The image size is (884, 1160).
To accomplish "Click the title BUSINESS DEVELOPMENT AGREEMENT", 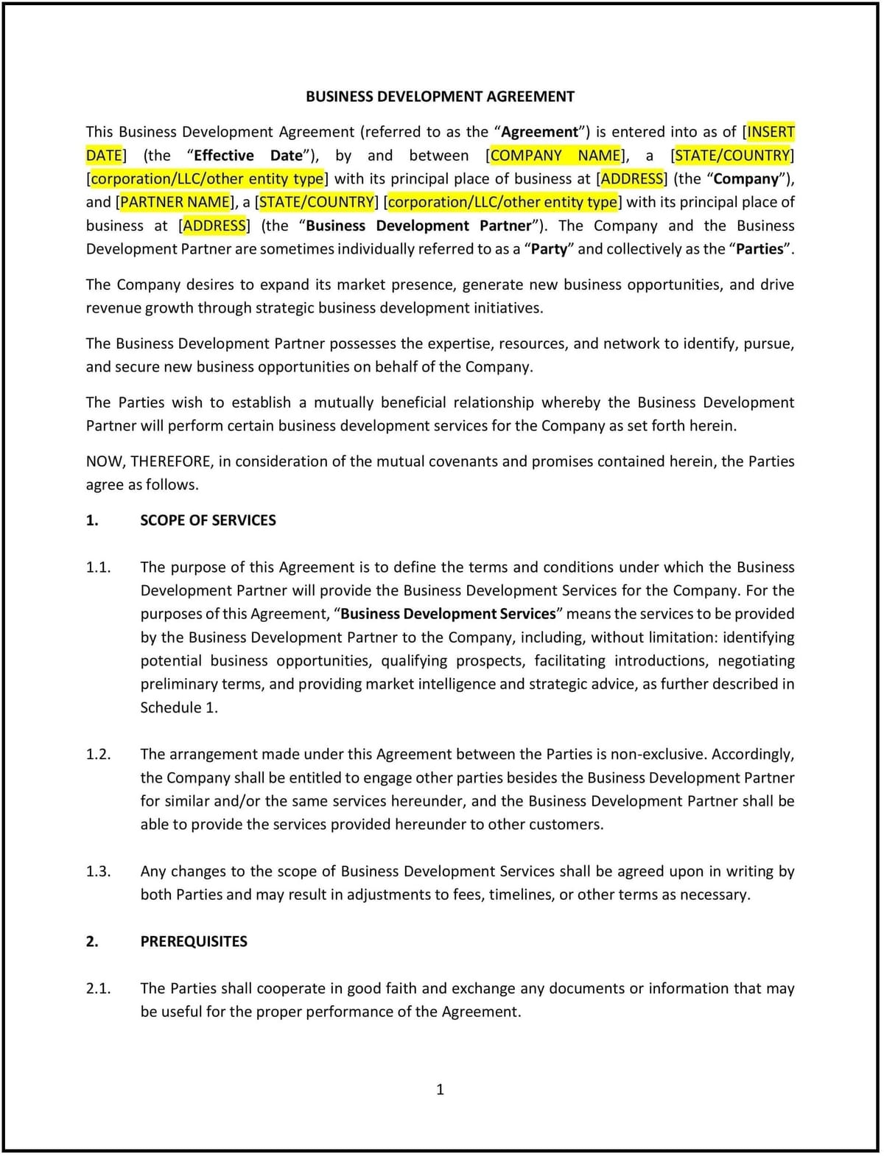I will (x=440, y=97).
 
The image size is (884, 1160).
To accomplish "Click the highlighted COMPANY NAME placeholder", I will (x=555, y=156).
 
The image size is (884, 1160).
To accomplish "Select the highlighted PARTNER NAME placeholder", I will (x=175, y=202).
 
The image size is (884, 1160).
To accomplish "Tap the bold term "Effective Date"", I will (x=248, y=156).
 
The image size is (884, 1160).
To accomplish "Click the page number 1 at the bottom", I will (x=441, y=1089).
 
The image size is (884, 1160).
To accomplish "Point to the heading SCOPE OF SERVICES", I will (x=208, y=520).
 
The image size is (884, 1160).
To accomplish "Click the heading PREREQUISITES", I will (x=194, y=941).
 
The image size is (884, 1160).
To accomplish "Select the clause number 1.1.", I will (x=98, y=567).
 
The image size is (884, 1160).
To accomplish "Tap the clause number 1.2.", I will (x=98, y=754).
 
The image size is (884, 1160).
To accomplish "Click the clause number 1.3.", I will (x=98, y=871).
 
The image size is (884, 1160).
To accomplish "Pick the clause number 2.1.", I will (x=98, y=988).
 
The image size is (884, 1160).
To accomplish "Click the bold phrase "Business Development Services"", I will (x=448, y=614).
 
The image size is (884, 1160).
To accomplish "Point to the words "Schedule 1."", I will (x=179, y=707).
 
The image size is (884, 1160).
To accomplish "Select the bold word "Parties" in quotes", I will (x=760, y=249).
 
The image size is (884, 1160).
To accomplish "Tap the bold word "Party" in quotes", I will (x=549, y=249).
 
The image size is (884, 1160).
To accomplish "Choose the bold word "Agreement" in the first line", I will (x=540, y=132).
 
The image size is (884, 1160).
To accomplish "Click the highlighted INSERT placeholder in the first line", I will (x=771, y=132).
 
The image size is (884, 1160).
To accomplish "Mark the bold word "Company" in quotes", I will (x=746, y=179).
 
